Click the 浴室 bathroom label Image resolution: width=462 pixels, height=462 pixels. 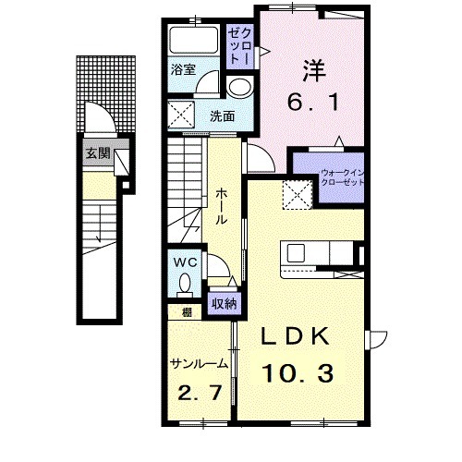(x=183, y=69)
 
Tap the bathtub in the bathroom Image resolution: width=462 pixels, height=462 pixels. (x=194, y=41)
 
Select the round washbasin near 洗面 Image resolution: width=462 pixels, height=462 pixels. (x=239, y=88)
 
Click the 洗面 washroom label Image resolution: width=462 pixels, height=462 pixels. (x=223, y=116)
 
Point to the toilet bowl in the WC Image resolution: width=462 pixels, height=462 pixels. (x=185, y=285)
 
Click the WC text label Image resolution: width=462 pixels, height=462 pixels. (x=186, y=262)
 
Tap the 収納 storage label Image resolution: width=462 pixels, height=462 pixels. (x=225, y=304)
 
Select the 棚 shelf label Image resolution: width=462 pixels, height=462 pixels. (x=187, y=312)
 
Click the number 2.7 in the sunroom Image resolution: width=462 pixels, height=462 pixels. (x=200, y=393)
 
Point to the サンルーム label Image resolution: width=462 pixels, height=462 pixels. (x=199, y=364)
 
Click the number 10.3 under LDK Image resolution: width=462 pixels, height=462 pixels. (x=298, y=373)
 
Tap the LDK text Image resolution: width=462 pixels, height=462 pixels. (x=296, y=337)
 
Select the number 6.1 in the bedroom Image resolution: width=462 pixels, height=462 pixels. (x=313, y=102)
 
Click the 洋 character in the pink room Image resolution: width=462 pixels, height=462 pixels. (x=314, y=71)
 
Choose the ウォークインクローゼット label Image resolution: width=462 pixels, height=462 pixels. (x=342, y=177)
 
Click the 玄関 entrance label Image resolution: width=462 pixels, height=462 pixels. (x=98, y=153)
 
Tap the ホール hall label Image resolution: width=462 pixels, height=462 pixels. (x=222, y=207)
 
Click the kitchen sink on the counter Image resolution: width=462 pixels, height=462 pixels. (x=296, y=253)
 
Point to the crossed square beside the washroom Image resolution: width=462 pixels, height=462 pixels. (x=181, y=115)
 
